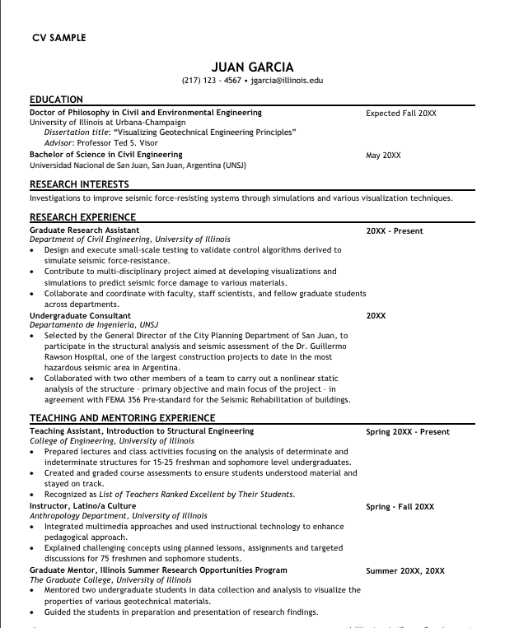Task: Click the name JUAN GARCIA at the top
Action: [x=252, y=67]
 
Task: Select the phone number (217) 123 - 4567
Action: [x=211, y=81]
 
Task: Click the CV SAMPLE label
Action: [x=58, y=38]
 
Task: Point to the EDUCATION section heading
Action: [x=56, y=100]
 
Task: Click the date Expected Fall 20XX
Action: [x=401, y=113]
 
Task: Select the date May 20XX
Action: [x=383, y=155]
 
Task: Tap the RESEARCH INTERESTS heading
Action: [x=79, y=184]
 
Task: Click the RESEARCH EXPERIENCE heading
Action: [x=82, y=217]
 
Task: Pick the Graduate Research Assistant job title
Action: [x=85, y=230]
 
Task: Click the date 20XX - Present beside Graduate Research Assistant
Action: [x=395, y=231]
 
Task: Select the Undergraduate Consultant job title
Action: [x=80, y=315]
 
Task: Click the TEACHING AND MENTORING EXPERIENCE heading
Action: [x=122, y=418]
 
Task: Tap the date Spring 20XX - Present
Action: [x=408, y=432]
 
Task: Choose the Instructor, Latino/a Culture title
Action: [x=82, y=505]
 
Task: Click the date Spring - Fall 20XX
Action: [x=400, y=506]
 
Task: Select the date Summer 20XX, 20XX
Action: [x=404, y=570]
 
